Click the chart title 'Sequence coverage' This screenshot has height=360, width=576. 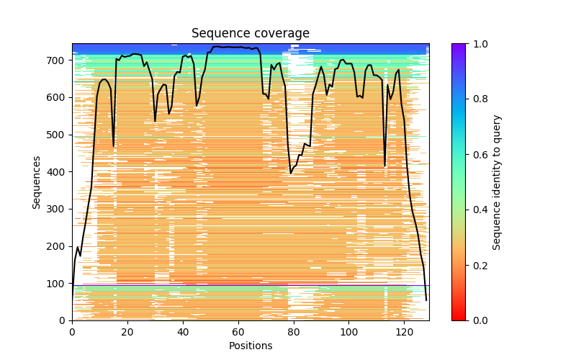pos(250,34)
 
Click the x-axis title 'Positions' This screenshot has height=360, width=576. pos(250,346)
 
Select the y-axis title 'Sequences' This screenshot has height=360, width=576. pos(36,182)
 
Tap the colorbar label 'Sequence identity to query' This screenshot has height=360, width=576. pos(497,182)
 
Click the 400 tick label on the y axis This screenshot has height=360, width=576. pos(58,172)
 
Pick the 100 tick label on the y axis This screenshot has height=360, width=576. pos(58,284)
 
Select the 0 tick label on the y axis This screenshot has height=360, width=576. pos(63,320)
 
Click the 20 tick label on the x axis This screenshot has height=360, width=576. pos(127,332)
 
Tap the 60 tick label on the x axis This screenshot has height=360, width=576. pos(238,332)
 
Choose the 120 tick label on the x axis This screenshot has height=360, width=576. pos(405,332)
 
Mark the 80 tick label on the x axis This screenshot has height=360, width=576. pos(294,332)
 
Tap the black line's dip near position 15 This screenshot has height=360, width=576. pos(114,146)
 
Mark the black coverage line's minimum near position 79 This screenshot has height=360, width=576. pos(291,173)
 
